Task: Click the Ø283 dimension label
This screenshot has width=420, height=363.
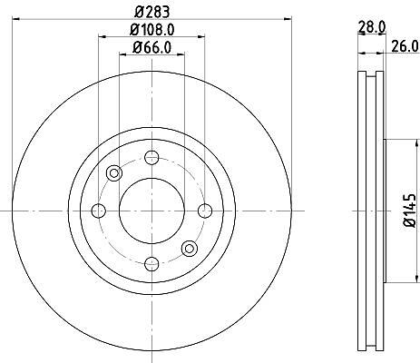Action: click(152, 12)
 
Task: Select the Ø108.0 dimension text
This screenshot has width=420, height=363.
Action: click(152, 30)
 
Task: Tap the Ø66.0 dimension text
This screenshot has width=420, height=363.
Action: click(152, 47)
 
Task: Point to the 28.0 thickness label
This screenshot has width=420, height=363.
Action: click(372, 28)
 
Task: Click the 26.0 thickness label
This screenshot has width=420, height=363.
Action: click(405, 46)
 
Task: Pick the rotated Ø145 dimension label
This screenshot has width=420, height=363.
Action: click(410, 211)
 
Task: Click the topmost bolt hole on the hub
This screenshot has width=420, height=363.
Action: click(151, 158)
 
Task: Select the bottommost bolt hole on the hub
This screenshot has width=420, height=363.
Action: click(151, 264)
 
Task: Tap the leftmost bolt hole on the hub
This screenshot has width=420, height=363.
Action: click(99, 211)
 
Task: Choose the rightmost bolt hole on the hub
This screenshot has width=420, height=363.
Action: click(205, 211)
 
